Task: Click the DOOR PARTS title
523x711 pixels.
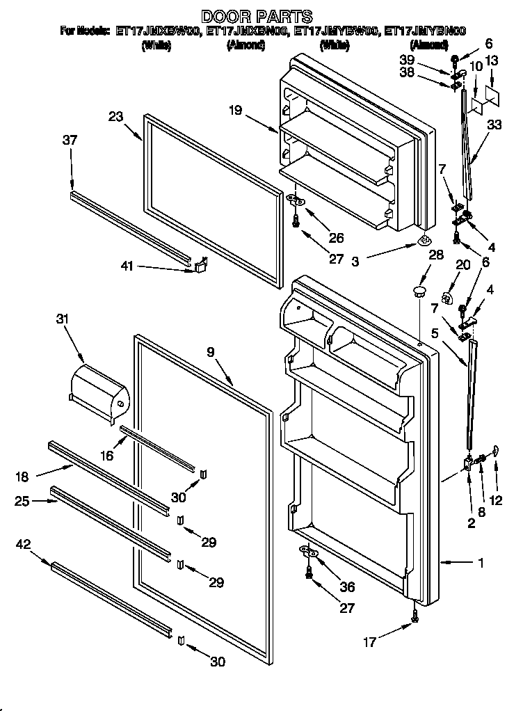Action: point(257,15)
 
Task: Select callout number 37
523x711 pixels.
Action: point(70,140)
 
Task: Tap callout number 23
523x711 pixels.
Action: point(115,117)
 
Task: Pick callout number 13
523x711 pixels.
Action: point(492,62)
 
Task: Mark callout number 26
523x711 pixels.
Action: point(336,238)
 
